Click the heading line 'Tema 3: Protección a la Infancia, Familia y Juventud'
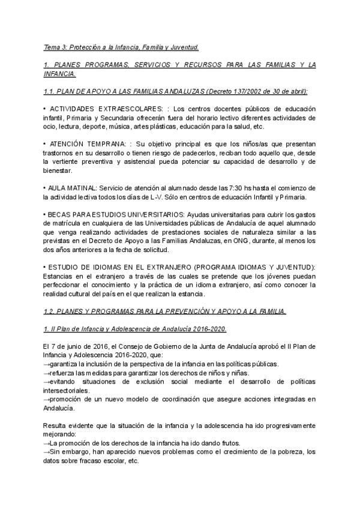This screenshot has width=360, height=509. (121, 47)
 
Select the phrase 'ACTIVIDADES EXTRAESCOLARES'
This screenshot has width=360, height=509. (101, 109)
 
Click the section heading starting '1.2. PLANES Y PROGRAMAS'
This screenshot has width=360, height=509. (165, 311)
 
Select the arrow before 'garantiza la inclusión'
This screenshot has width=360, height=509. (47, 364)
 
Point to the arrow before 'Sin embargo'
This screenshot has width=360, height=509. (47, 452)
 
